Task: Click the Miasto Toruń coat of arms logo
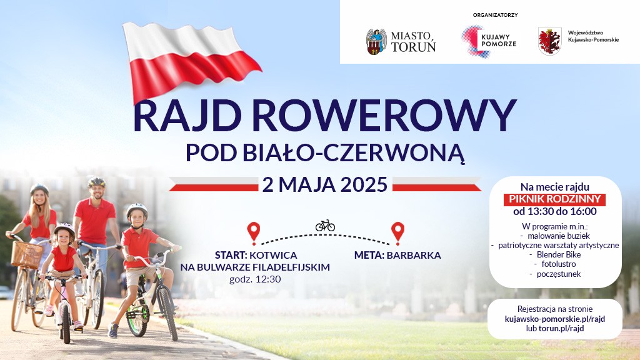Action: (x=376, y=41)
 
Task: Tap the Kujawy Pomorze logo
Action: (x=472, y=41)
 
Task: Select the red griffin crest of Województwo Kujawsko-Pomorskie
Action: (x=549, y=41)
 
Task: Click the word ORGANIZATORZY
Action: (x=496, y=14)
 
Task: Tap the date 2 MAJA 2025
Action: (x=325, y=185)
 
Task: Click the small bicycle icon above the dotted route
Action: (x=325, y=225)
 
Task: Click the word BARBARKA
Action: (x=414, y=255)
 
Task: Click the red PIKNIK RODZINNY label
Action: (x=554, y=199)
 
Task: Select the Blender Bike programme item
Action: (x=554, y=254)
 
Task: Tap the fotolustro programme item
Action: (x=554, y=264)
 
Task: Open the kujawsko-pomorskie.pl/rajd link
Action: (x=554, y=319)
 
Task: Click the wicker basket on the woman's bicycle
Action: (x=26, y=254)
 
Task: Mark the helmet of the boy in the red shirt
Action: (x=137, y=210)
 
